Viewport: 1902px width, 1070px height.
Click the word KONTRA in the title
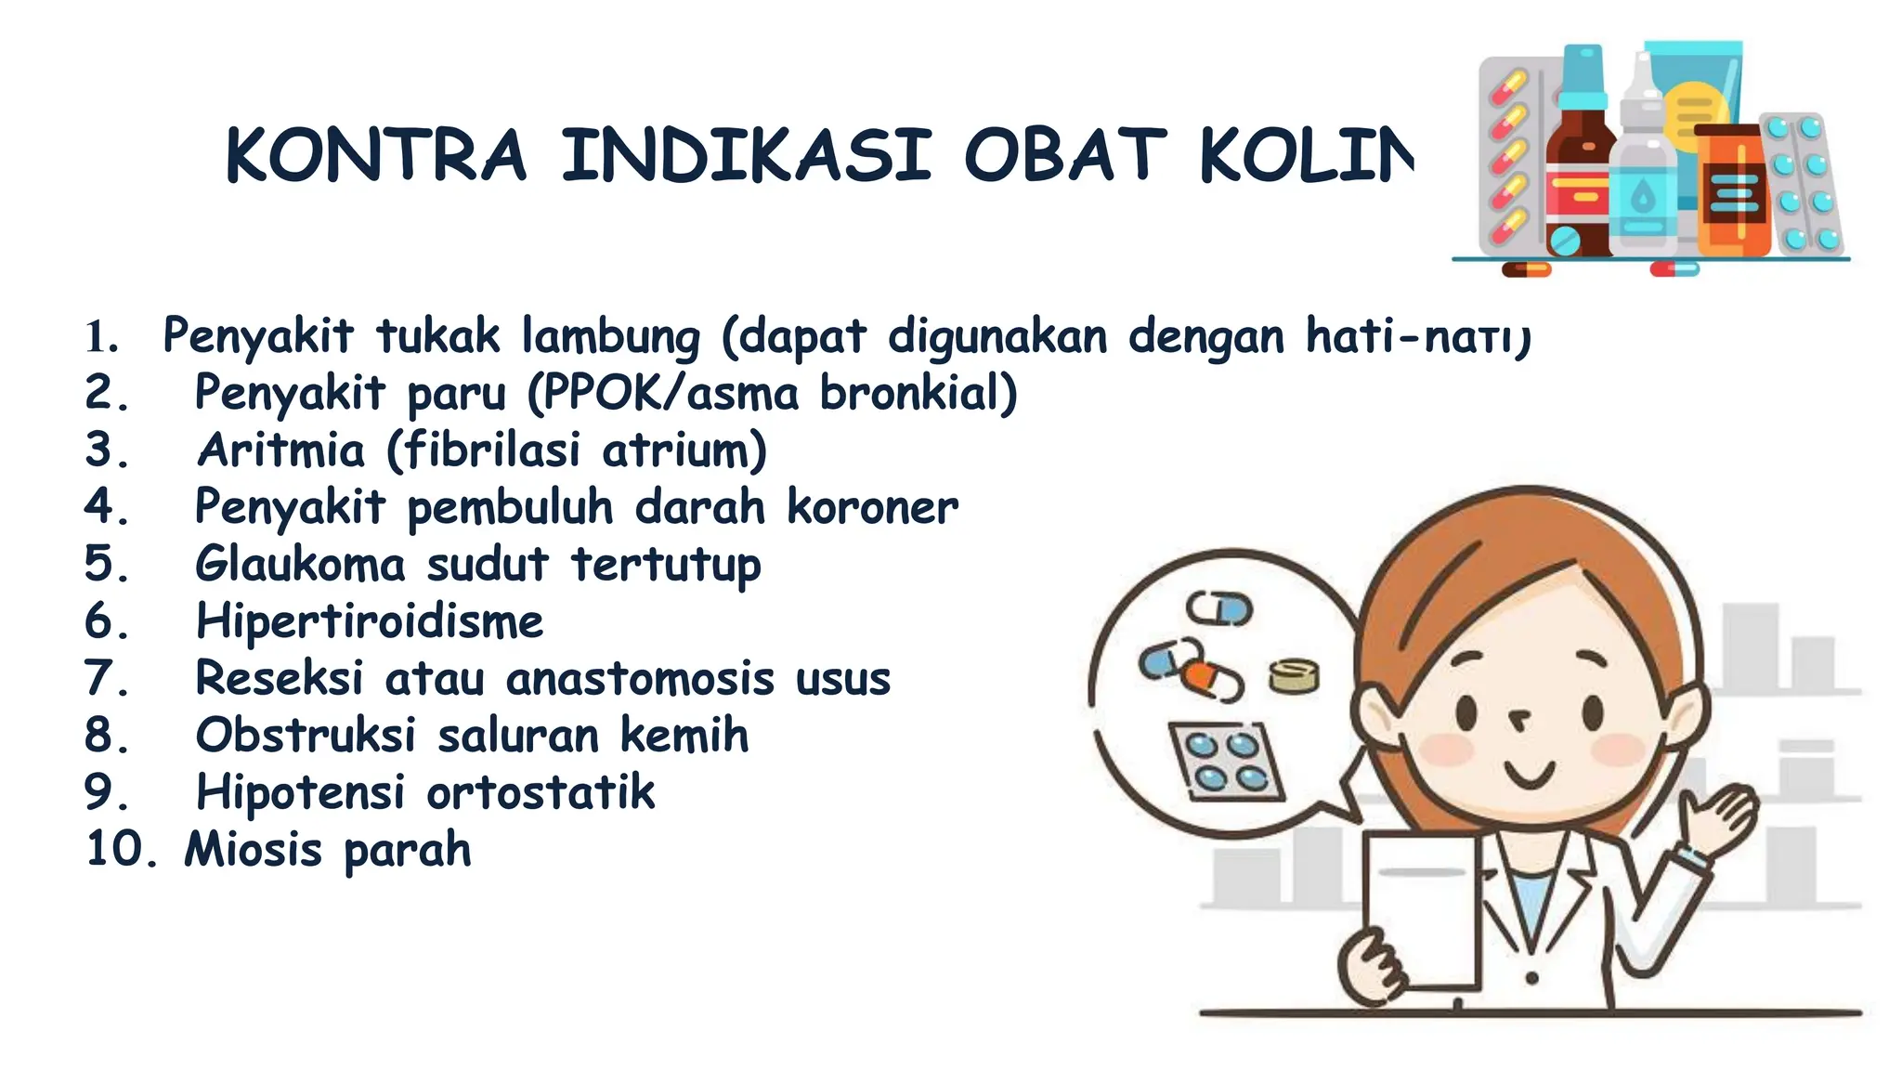(376, 155)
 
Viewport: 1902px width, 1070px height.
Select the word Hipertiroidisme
(370, 621)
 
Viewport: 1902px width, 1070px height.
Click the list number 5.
(105, 564)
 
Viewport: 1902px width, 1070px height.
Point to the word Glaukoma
(300, 564)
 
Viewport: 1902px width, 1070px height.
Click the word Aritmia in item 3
(281, 450)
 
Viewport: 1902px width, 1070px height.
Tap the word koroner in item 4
(872, 507)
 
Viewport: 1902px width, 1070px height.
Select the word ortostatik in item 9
(541, 793)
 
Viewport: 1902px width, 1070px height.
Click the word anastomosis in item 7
(640, 679)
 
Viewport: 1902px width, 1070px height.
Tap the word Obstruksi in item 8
(305, 736)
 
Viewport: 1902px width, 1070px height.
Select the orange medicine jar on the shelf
(1733, 190)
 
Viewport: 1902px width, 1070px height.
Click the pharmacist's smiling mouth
(1529, 773)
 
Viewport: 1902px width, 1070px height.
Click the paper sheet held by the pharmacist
(1421, 910)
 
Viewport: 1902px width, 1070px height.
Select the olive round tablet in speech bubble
(1294, 675)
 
